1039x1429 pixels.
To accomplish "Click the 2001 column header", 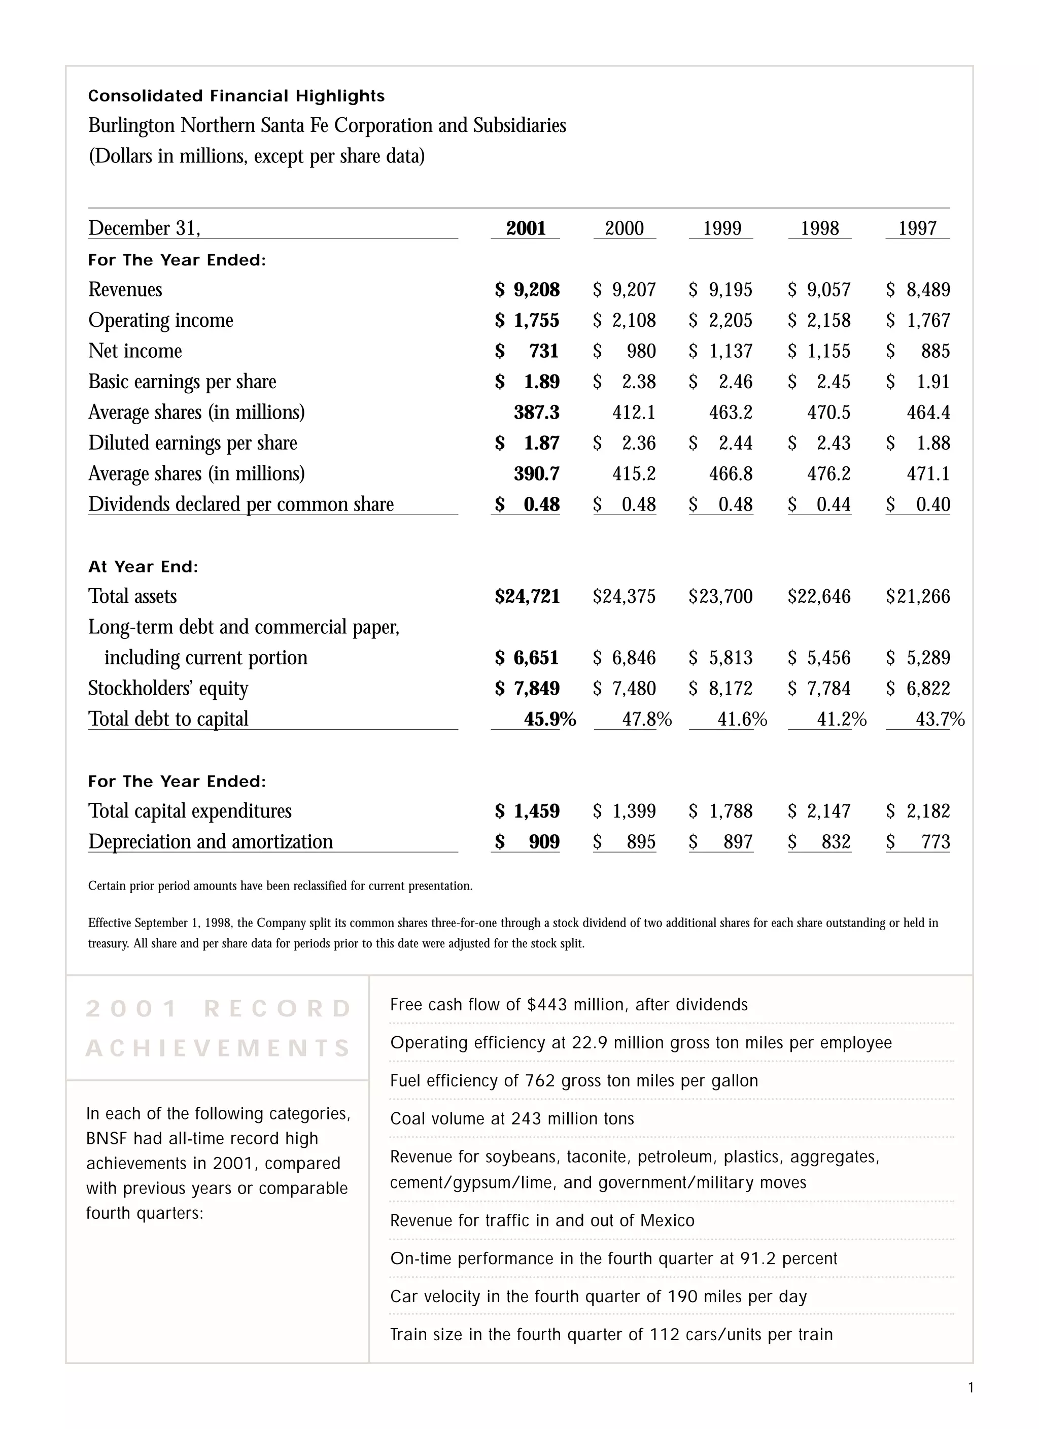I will click(x=526, y=228).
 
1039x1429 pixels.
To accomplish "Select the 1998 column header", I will click(x=819, y=228).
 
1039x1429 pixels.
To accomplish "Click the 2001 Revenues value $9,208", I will click(x=528, y=290).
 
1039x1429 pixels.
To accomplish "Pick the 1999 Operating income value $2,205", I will click(x=721, y=321).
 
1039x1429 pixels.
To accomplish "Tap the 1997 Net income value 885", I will click(x=935, y=351).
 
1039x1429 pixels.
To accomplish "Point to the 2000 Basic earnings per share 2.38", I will click(x=638, y=382).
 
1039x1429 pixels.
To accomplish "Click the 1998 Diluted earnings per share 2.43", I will click(x=833, y=443).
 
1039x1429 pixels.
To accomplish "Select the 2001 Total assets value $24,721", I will click(x=528, y=597).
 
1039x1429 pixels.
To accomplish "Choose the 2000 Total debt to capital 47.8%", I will click(x=646, y=719).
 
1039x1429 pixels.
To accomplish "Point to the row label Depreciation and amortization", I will click(x=211, y=842).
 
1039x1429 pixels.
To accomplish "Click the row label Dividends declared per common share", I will click(x=240, y=505).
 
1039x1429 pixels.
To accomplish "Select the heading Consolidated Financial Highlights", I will click(x=236, y=96).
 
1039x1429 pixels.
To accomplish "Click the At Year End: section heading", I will click(x=143, y=566).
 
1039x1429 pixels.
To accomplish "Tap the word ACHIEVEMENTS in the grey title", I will click(x=218, y=1048).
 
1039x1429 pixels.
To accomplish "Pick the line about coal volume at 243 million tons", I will click(x=511, y=1118).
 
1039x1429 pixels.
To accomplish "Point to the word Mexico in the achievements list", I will click(x=667, y=1220).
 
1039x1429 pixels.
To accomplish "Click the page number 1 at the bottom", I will click(x=971, y=1387).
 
